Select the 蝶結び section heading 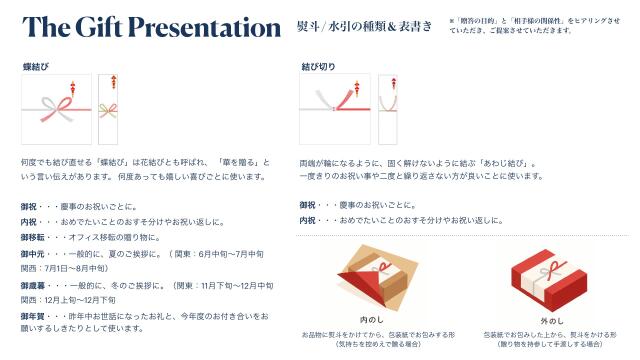tap(36, 66)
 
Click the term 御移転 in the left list tap(35, 237)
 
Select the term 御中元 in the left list tap(35, 253)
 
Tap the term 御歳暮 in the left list tap(35, 285)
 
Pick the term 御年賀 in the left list tap(35, 316)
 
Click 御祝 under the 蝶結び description tap(29, 205)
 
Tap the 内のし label tap(374, 320)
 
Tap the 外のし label tap(550, 320)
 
